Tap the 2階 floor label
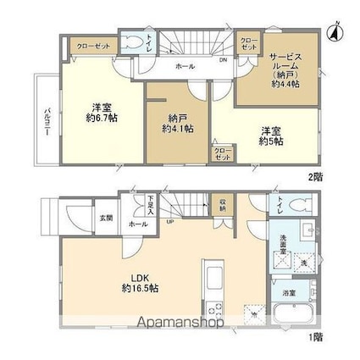[x=315, y=176]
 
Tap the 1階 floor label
[x=316, y=337]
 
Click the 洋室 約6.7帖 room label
[x=98, y=112]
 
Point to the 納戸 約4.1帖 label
[x=177, y=124]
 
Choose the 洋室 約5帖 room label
[x=270, y=135]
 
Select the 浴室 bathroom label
[x=289, y=293]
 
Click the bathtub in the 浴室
[x=296, y=318]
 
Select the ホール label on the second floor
[x=184, y=66]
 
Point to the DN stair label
[x=223, y=61]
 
